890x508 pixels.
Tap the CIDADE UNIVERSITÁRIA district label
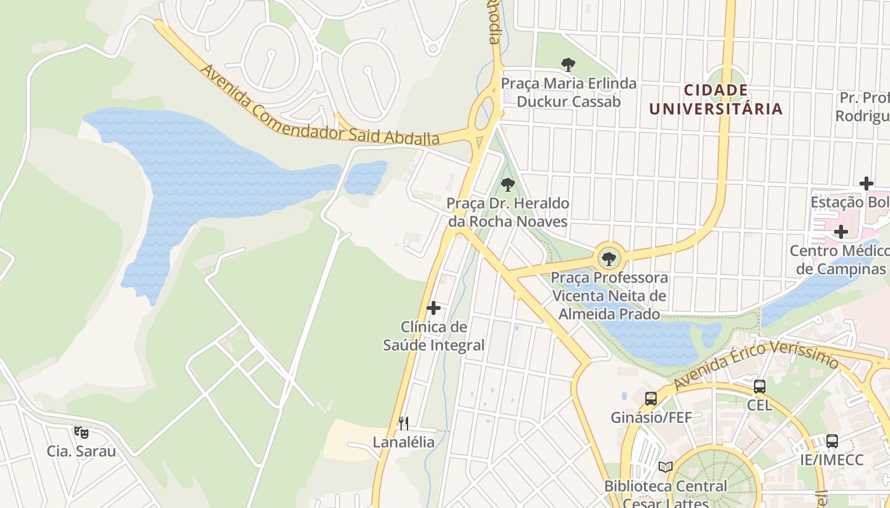point(715,100)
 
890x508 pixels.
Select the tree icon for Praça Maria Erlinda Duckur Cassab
point(568,64)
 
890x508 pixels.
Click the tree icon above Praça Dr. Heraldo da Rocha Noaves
point(507,185)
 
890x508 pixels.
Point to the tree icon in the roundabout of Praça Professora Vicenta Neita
point(609,258)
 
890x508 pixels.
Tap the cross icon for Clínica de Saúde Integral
point(434,309)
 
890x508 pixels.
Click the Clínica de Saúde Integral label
point(434,336)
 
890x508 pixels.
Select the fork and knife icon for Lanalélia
point(403,423)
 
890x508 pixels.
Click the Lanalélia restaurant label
point(403,443)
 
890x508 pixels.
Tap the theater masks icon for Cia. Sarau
point(81,432)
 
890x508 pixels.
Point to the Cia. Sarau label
point(81,451)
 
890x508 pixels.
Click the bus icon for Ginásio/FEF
point(651,399)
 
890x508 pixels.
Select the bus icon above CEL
point(759,386)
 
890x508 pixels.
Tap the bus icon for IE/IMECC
point(832,441)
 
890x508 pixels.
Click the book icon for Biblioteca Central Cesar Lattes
point(665,467)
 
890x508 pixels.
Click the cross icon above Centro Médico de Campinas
point(840,232)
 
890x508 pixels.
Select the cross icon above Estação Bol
point(866,184)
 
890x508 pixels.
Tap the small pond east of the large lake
point(366,177)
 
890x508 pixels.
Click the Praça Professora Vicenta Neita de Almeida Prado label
point(609,296)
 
